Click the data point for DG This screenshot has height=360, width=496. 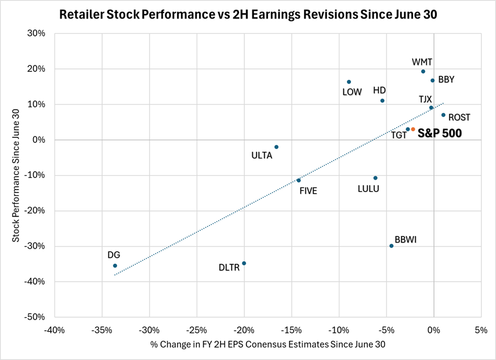coord(115,266)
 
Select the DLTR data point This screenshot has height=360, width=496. coord(244,263)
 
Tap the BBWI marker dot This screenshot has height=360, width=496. coord(392,246)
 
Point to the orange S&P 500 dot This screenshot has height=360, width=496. coord(413,129)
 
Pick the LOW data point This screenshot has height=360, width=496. coord(349,82)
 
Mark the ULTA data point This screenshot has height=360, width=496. coord(276,147)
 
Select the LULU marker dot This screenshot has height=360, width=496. coord(375,178)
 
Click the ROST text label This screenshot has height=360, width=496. coord(459,118)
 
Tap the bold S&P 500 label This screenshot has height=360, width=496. coord(440,134)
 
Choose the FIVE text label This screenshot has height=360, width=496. coord(308,191)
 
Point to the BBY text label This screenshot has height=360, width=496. coord(446,80)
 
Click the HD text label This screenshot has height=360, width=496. coord(379,90)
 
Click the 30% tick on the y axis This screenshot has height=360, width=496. coord(38,34)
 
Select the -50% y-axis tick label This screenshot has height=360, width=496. coord(36,317)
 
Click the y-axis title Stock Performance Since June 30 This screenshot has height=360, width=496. coord(15,175)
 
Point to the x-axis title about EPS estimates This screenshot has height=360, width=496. coord(268,344)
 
